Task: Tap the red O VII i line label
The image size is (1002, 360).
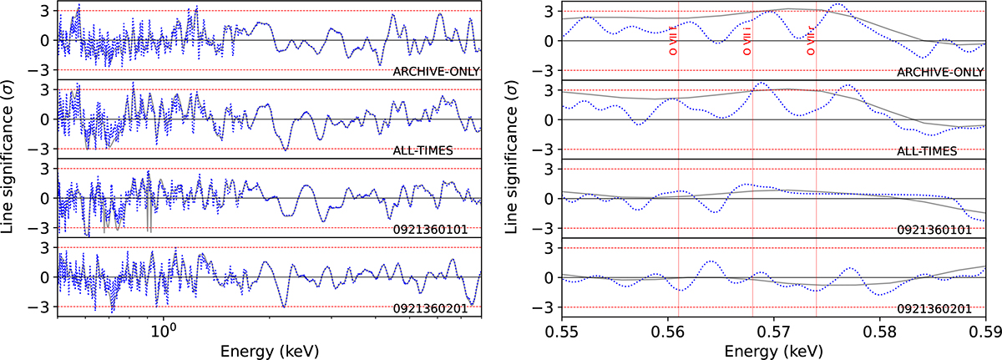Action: (748, 40)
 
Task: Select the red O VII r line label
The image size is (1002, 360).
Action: (811, 40)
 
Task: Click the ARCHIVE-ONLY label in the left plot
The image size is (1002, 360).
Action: (437, 71)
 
